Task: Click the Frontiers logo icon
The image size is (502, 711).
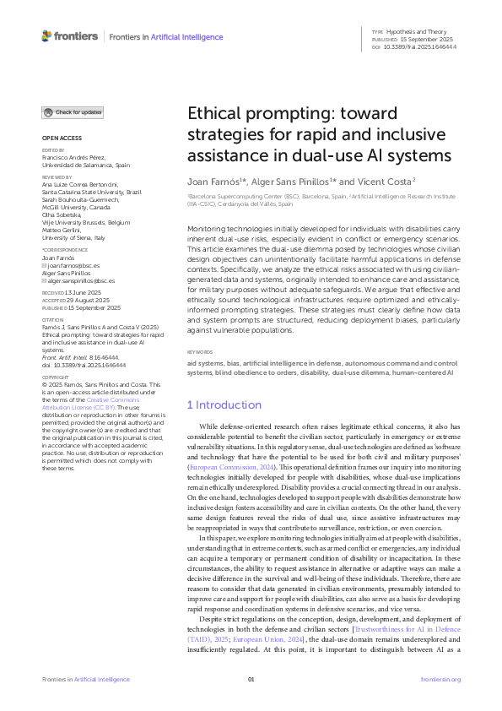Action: click(46, 36)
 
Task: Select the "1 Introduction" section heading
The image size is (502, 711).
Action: click(224, 404)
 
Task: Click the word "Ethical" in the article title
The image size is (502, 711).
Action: click(214, 116)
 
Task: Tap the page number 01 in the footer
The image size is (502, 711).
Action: click(251, 679)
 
